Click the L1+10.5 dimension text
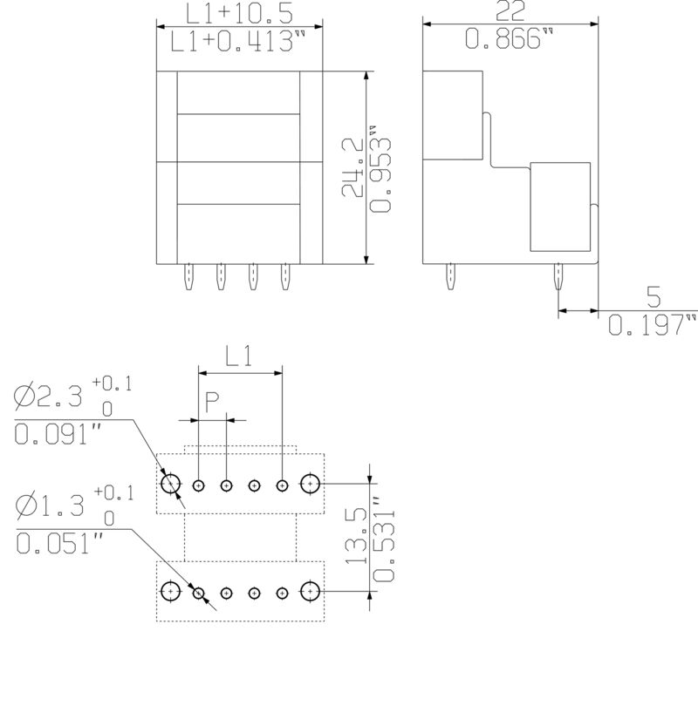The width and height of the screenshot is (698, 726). [x=240, y=13]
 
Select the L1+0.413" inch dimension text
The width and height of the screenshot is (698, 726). [x=238, y=41]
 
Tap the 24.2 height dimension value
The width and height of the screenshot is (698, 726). [x=352, y=167]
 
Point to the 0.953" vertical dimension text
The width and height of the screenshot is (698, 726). [x=380, y=169]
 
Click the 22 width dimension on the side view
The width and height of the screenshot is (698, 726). [x=510, y=10]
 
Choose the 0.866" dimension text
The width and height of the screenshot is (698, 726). [x=509, y=38]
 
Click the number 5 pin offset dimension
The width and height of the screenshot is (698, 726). [x=654, y=297]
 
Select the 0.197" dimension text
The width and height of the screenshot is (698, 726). [x=652, y=324]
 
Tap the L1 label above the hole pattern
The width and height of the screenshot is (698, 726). [x=239, y=356]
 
